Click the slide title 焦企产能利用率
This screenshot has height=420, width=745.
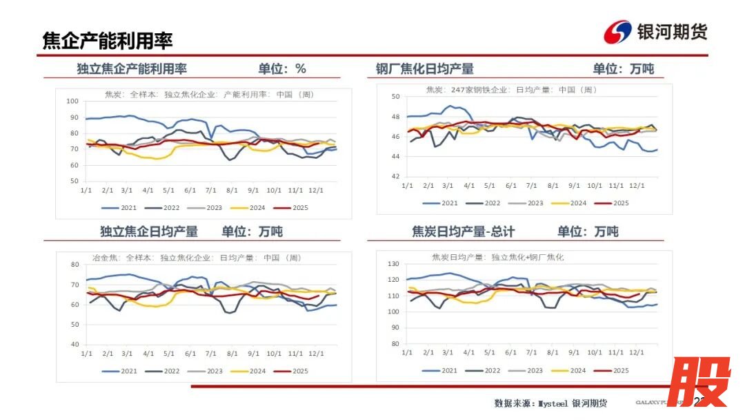[107, 41]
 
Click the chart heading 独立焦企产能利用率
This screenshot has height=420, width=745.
[132, 69]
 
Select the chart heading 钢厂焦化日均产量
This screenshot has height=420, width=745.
[425, 69]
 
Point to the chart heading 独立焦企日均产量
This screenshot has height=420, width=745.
[149, 232]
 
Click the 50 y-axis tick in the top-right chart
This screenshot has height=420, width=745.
[396, 97]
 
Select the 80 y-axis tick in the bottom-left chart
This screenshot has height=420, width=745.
[76, 265]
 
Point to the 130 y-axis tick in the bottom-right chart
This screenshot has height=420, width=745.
[394, 264]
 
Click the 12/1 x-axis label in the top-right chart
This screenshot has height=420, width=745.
[637, 186]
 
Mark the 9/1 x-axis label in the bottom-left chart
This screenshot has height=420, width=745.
[253, 354]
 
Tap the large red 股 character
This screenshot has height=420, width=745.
[698, 382]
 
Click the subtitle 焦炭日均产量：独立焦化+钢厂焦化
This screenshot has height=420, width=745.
[497, 257]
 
